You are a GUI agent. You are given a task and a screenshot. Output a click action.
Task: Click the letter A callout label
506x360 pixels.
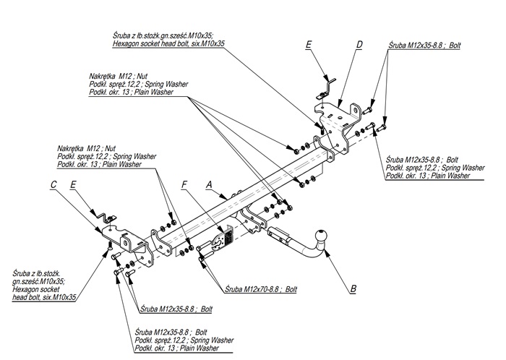click(x=210, y=184)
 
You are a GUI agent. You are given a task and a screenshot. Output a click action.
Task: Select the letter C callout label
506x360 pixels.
click(x=53, y=185)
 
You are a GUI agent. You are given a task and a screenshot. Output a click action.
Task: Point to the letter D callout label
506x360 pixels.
click(x=359, y=45)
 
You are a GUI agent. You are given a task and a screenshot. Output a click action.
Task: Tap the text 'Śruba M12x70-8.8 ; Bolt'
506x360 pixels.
click(x=261, y=288)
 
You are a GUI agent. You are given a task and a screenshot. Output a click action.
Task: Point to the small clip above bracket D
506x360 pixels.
click(x=330, y=83)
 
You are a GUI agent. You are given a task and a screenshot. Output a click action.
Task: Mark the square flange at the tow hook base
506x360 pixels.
click(x=278, y=234)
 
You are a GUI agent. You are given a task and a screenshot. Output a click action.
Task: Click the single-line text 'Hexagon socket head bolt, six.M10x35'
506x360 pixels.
click(x=168, y=44)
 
